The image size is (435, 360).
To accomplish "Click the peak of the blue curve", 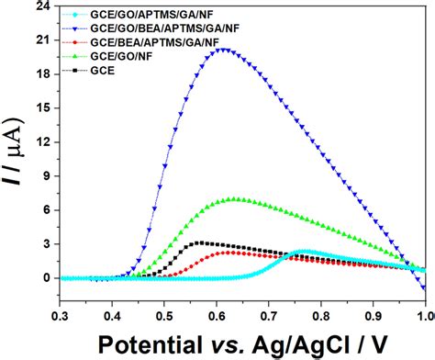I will [x=223, y=50].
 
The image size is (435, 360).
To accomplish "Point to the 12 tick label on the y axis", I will [x=44, y=141].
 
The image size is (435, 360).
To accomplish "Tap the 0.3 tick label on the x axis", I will [x=61, y=316].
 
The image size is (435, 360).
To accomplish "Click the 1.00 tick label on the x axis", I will [x=424, y=316].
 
